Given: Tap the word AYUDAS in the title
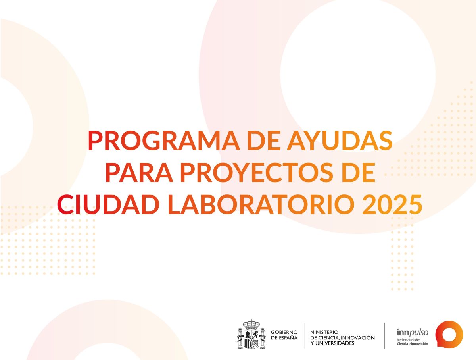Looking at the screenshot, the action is [x=340, y=141].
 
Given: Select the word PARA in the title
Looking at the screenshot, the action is [x=139, y=173].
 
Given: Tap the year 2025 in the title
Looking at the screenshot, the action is [x=392, y=204].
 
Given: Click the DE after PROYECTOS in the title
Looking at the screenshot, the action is [x=359, y=173].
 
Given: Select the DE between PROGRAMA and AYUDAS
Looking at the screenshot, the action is [x=263, y=141].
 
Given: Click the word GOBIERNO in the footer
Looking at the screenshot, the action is [x=284, y=332].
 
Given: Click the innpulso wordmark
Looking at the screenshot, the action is [x=413, y=332].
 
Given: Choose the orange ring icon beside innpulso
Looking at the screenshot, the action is [x=449, y=334].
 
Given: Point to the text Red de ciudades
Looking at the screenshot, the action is [x=405, y=340].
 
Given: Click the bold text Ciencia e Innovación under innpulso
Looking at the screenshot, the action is [x=413, y=343].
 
